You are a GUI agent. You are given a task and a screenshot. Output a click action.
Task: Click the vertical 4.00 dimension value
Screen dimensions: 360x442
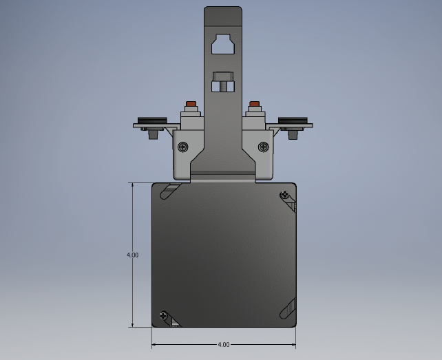tap(132, 255)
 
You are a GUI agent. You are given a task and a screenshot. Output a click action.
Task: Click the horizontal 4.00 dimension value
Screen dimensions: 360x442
tap(224, 344)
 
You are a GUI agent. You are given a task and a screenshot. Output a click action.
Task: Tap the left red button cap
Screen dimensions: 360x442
tap(191, 105)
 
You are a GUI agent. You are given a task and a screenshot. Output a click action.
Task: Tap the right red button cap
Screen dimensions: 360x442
tap(255, 105)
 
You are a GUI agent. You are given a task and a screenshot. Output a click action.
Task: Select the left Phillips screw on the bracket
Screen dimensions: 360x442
tap(183, 147)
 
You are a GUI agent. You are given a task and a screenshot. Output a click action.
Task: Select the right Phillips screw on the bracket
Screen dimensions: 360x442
tap(263, 147)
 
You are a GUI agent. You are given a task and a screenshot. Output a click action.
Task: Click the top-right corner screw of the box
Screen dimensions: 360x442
tap(284, 195)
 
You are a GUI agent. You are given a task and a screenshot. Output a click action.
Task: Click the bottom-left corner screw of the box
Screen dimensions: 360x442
tap(163, 316)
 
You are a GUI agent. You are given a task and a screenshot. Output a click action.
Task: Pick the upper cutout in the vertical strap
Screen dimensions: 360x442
tap(223, 44)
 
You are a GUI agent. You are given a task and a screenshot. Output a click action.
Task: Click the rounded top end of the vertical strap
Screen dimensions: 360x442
tap(223, 10)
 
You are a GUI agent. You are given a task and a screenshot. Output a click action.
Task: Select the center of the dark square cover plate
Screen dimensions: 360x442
tap(224, 255)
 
